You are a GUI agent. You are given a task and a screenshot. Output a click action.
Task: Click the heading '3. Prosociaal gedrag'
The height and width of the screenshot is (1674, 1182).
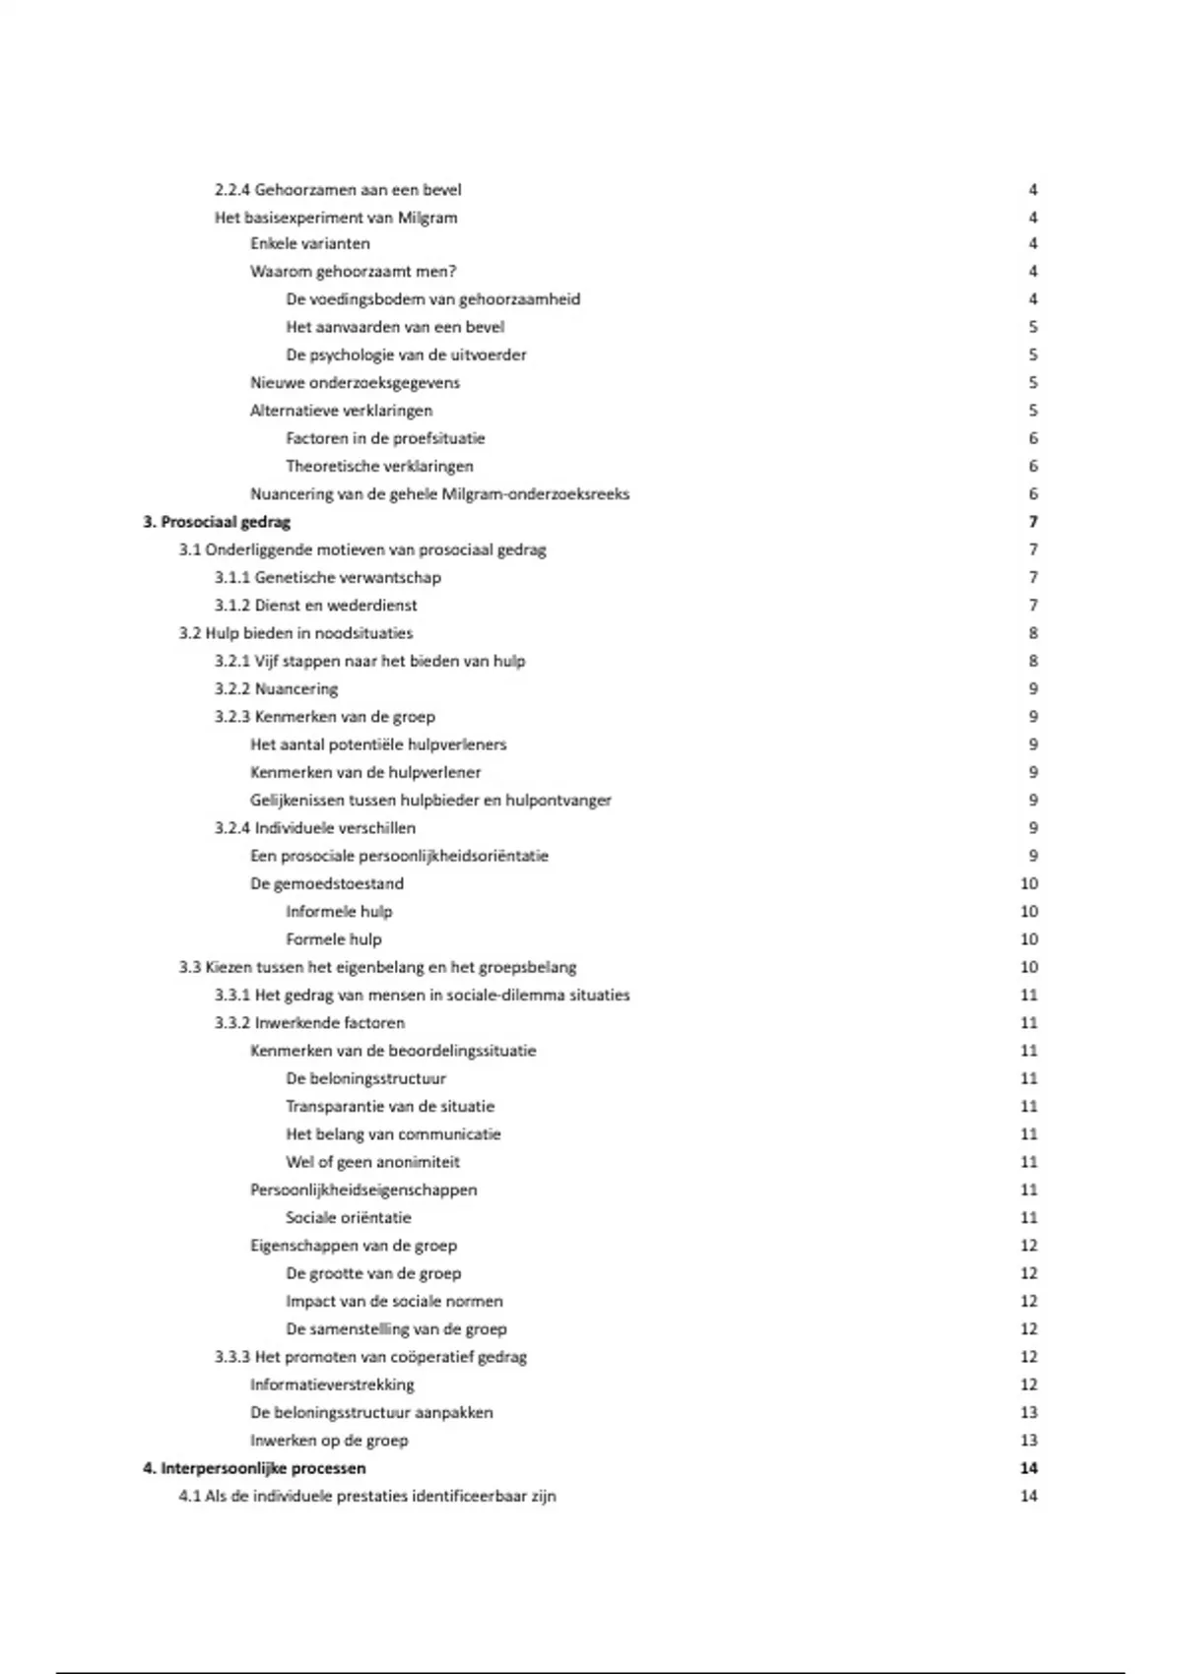[x=217, y=522]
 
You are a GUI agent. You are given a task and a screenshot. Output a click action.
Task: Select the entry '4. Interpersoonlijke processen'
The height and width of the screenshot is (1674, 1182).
[x=254, y=1468]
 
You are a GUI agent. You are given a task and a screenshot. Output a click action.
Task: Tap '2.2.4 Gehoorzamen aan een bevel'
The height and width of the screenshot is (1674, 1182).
[x=338, y=189]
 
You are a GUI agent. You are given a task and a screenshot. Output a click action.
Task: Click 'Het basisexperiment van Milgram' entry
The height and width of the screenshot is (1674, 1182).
[x=336, y=218]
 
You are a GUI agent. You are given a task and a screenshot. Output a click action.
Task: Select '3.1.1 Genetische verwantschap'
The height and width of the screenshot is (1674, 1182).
[x=328, y=578]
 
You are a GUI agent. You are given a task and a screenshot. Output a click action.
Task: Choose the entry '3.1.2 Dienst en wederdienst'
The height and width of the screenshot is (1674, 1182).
[x=316, y=606]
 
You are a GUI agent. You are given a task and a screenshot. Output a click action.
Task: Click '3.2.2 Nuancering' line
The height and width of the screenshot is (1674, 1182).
[x=276, y=689]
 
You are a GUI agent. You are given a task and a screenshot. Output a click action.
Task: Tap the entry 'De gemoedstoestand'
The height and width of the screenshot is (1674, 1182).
[x=327, y=884]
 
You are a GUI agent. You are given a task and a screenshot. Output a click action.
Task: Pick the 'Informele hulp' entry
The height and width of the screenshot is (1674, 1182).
[x=339, y=912]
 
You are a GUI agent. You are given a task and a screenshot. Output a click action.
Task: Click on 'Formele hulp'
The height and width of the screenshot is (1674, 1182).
[x=334, y=939]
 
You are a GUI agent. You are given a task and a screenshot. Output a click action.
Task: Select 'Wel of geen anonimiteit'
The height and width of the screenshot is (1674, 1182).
[x=372, y=1162]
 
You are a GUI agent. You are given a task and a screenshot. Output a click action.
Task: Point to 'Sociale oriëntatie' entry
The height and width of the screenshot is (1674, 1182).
[x=349, y=1218]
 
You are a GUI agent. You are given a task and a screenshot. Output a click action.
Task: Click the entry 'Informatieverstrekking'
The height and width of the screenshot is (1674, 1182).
[x=332, y=1384]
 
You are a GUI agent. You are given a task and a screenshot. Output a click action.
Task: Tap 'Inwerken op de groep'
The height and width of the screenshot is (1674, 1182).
[x=329, y=1441]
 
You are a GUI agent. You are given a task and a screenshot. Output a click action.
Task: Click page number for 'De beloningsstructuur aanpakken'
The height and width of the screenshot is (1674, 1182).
[x=1029, y=1412]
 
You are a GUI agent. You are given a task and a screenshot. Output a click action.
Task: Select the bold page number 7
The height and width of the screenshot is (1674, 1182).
[x=1033, y=522]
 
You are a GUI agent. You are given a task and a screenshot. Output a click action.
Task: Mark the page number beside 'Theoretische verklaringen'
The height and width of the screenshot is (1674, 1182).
[x=1033, y=466]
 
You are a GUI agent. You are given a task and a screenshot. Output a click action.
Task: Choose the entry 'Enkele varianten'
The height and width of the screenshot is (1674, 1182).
[x=310, y=243]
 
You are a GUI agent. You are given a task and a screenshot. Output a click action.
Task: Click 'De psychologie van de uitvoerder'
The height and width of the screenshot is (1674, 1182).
[x=406, y=354]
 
